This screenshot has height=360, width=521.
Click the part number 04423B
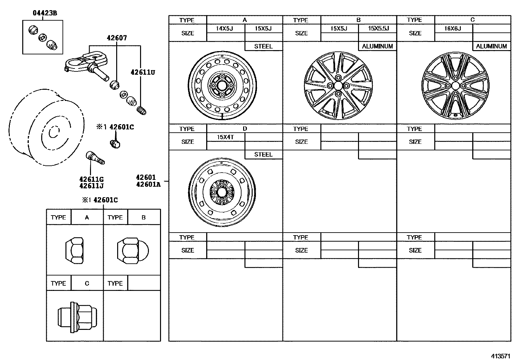point(45,13)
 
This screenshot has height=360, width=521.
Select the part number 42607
point(117,38)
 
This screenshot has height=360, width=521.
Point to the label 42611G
point(91,179)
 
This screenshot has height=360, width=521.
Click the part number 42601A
point(148,184)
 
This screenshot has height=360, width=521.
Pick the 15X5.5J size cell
point(378,28)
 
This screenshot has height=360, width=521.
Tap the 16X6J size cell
point(453,28)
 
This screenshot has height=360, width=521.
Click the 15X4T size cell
point(225,137)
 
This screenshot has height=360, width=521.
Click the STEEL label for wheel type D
point(263,155)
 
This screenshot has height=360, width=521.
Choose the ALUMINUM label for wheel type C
point(492,47)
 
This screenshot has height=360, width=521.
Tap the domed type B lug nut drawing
point(133,251)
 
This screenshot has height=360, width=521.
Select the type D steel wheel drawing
point(222,192)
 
